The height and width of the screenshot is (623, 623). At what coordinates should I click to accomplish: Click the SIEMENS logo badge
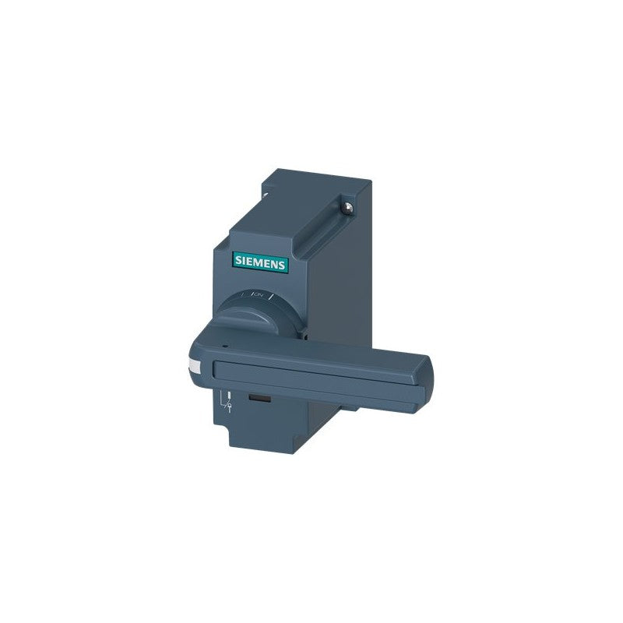pos(260,262)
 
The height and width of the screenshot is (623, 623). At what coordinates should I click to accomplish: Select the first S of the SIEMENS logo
pos(238,260)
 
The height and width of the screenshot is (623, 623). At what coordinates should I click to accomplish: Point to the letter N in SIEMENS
pos(275,264)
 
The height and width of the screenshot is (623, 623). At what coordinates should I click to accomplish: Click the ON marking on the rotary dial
pos(259,294)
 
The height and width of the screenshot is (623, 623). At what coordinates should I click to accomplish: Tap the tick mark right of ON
pos(272,297)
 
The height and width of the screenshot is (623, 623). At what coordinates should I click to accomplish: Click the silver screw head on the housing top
pos(348,208)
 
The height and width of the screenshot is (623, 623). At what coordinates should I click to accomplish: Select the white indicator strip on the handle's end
pos(194,367)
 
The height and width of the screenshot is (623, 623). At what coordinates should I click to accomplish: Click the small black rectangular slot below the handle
pos(260,399)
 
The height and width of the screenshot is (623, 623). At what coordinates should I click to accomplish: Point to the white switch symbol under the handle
pos(227,402)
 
